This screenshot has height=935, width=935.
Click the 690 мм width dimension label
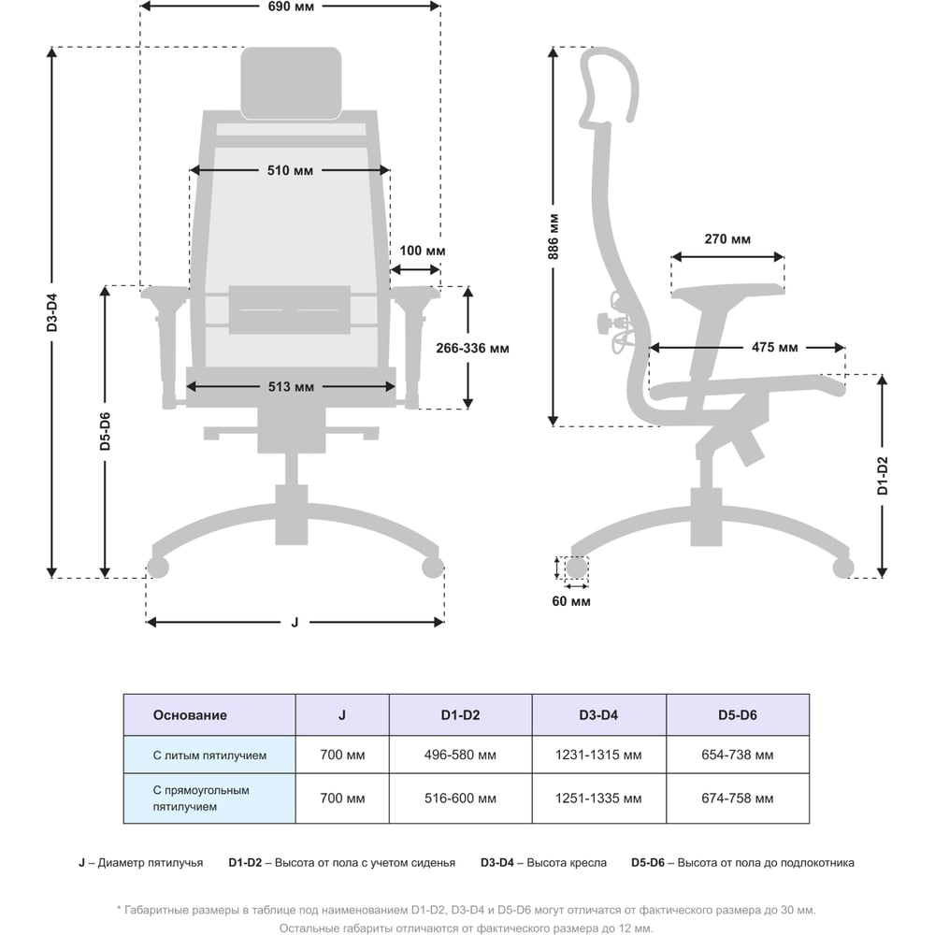point(291,7)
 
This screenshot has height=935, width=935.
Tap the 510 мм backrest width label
point(291,170)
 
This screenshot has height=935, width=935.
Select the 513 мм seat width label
point(291,387)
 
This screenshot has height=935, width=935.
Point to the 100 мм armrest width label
point(423,251)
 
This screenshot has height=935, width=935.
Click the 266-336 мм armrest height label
point(472,348)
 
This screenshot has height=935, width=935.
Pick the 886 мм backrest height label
point(554,237)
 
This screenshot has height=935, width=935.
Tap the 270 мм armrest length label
point(727,239)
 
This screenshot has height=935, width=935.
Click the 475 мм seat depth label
point(774,347)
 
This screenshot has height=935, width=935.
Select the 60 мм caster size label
point(571,601)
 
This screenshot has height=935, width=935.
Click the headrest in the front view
point(291,83)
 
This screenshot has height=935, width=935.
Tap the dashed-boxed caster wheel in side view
point(577,568)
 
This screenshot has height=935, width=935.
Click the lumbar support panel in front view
point(290,309)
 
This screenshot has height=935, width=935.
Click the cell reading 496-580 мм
point(460,755)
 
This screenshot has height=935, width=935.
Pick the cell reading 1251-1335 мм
point(598,798)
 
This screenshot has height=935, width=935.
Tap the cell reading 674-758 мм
point(738,798)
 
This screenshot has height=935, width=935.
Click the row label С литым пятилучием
point(209,755)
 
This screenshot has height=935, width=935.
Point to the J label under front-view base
point(295,623)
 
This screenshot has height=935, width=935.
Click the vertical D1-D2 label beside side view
point(884,475)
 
